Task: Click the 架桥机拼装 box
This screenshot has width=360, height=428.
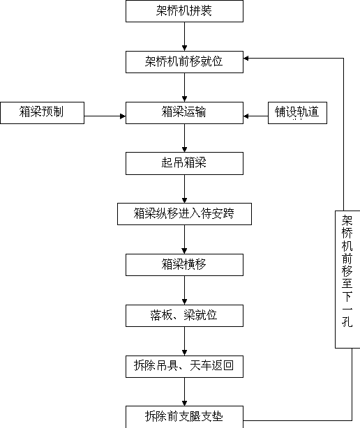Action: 184,11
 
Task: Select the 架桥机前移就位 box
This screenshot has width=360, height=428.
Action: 184,62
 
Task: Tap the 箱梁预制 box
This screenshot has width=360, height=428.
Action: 42,113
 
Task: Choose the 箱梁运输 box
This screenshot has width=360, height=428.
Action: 184,113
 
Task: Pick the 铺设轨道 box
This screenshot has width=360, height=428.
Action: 297,113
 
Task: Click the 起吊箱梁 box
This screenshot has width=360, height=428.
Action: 184,164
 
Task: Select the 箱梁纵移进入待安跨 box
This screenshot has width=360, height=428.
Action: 184,214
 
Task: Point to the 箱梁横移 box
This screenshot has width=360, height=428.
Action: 184,265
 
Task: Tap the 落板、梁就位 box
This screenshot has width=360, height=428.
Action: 184,316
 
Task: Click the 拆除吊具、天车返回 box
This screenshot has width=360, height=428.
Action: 184,367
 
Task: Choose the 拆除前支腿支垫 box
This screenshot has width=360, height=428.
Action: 184,417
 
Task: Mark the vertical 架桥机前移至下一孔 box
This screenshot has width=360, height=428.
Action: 347,280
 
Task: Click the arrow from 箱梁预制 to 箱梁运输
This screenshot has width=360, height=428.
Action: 105,116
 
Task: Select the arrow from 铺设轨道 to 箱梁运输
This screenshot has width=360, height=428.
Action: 255,116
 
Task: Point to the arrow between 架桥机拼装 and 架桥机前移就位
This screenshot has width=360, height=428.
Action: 184,36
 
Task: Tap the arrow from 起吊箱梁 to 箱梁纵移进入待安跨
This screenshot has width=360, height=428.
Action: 184,189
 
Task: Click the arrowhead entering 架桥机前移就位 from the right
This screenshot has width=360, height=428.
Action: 246,58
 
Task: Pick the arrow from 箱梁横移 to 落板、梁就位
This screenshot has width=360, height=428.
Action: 184,291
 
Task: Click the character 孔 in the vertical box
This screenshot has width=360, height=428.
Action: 347,321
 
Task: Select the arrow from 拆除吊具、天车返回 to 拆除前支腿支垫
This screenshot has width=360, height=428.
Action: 184,392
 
